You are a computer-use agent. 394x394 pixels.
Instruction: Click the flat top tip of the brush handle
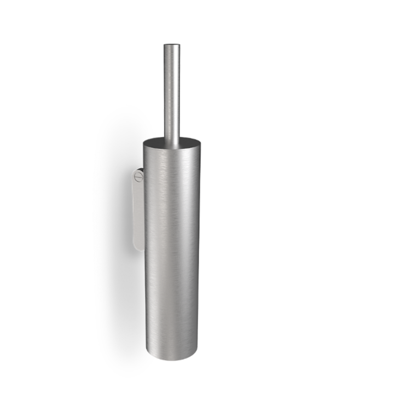172,43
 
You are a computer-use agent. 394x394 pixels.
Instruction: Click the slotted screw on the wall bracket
139,177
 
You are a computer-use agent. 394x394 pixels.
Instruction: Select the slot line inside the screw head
139,177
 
